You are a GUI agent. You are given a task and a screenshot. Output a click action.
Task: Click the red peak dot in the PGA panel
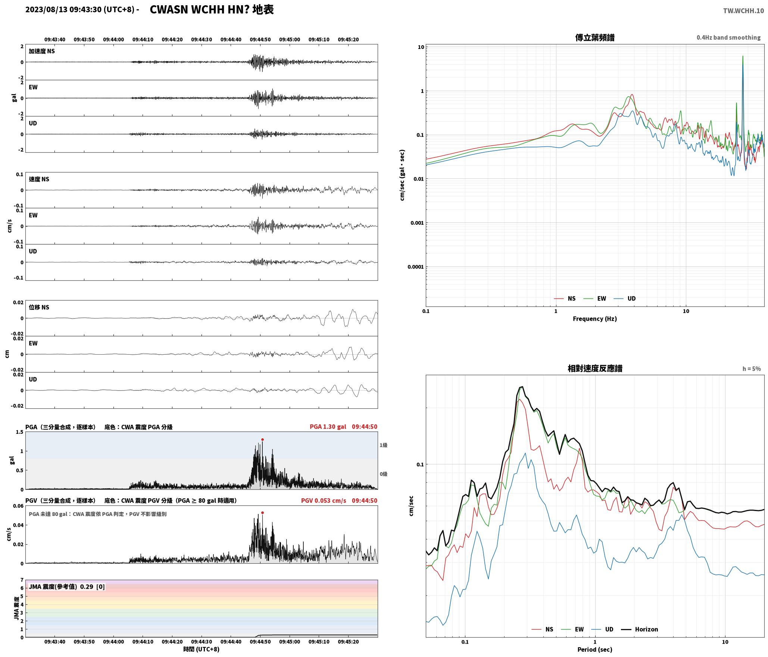click(x=262, y=439)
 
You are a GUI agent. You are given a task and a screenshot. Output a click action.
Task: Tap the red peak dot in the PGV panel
click(x=262, y=513)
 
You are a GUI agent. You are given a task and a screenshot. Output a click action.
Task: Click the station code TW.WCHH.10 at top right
click(x=743, y=11)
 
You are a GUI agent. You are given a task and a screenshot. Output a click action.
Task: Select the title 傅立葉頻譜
click(x=595, y=37)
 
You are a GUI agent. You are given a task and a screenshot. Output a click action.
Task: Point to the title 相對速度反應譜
click(x=595, y=368)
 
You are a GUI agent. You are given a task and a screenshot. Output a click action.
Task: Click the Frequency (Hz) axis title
click(x=595, y=318)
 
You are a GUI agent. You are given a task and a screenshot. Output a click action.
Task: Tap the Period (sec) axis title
click(x=595, y=649)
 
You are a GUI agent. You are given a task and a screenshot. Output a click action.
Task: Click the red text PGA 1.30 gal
click(x=328, y=426)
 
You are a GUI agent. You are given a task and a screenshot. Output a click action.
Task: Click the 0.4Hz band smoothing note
click(x=728, y=37)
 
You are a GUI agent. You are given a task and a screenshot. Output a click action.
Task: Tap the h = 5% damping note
click(x=752, y=368)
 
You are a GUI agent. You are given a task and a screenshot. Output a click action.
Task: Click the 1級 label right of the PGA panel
click(x=384, y=445)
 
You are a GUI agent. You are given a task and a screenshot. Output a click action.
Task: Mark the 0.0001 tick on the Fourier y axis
click(x=415, y=267)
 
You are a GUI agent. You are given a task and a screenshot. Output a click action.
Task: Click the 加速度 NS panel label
click(x=42, y=51)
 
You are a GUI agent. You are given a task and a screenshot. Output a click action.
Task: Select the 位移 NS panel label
click(x=39, y=307)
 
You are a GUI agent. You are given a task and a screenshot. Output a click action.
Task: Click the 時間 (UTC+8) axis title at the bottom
click(x=202, y=649)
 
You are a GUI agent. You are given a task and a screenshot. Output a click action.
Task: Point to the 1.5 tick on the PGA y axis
click(x=19, y=432)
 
